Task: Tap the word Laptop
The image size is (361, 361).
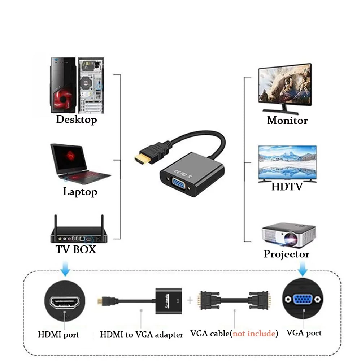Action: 80,192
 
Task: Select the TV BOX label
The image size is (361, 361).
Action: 76,249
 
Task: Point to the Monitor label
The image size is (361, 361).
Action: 287,121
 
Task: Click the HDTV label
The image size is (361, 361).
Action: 287,187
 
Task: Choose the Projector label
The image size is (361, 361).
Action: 287,254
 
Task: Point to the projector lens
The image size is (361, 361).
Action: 291,238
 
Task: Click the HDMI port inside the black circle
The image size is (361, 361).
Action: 65,301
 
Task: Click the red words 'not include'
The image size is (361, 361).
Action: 254,334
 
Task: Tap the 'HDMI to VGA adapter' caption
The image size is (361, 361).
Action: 142,335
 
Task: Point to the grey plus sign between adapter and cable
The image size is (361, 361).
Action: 190,300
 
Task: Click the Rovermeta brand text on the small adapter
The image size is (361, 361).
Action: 166,301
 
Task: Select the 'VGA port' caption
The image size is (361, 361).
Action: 304,333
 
